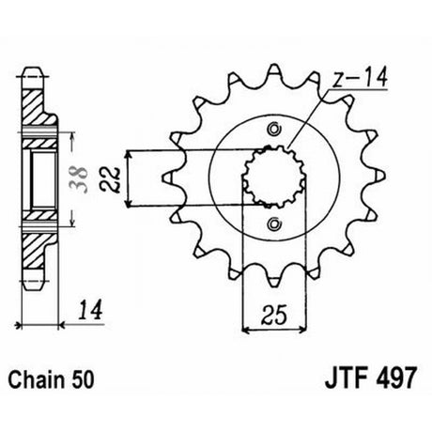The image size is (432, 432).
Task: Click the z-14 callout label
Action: (360, 76)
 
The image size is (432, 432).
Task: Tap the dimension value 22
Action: (111, 180)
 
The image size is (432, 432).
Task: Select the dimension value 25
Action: (274, 315)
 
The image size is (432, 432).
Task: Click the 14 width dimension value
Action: (90, 310)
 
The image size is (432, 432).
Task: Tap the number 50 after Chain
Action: (82, 380)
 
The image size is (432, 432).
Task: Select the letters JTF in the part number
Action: (347, 378)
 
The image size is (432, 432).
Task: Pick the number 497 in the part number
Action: (396, 378)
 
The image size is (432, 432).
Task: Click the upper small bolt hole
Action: (274, 129)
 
